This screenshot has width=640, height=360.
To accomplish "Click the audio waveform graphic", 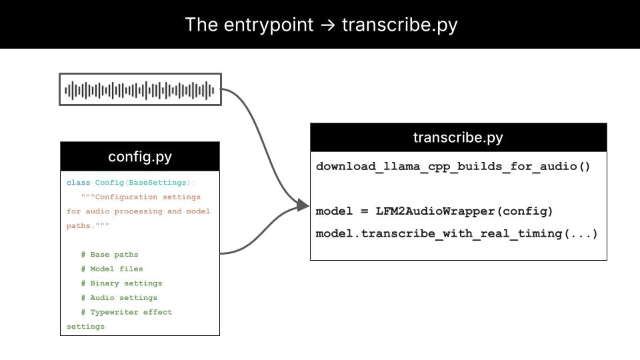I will [x=140, y=89].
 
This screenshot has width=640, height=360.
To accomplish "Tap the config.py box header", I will [x=140, y=157].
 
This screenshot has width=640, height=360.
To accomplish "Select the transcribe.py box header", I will [x=458, y=138].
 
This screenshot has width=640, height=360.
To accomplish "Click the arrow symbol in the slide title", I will [x=327, y=25].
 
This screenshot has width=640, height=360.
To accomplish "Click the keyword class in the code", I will [x=78, y=183].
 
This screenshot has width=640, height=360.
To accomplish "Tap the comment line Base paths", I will [x=109, y=255].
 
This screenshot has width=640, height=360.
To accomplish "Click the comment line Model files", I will [x=112, y=269].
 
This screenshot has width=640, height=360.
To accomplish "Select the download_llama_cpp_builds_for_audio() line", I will [x=453, y=167].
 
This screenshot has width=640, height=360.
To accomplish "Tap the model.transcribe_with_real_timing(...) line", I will [x=457, y=234].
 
